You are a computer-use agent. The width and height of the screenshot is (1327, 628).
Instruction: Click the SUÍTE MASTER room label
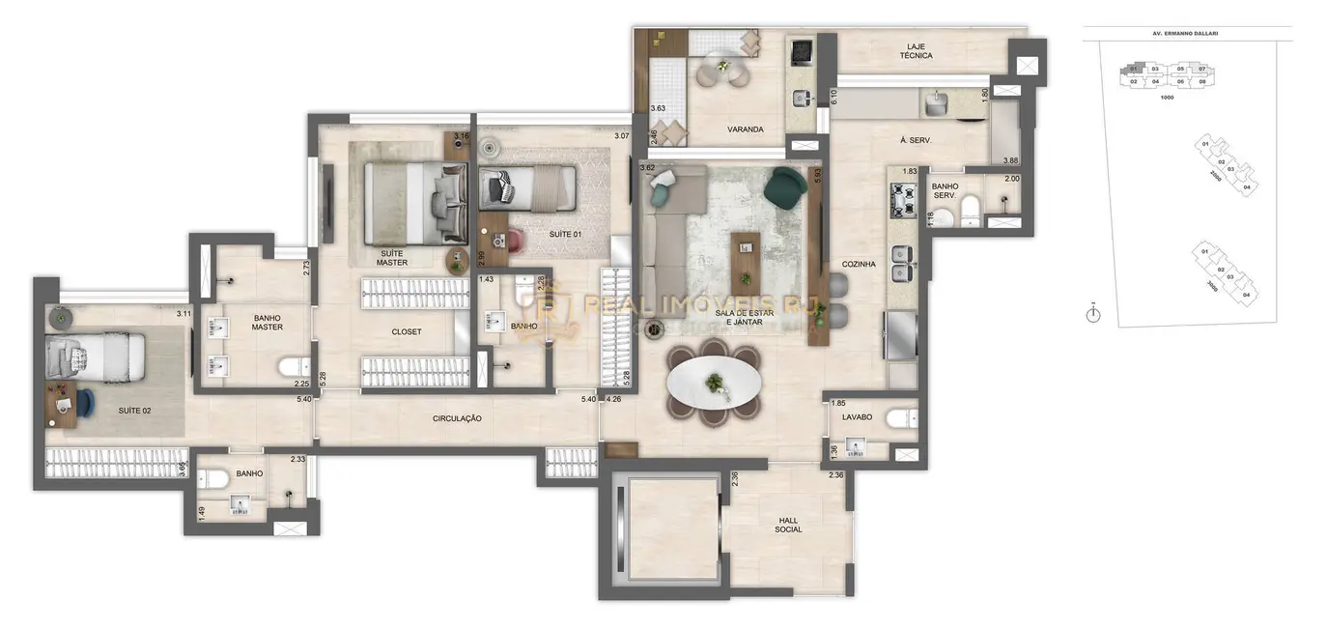(392, 257)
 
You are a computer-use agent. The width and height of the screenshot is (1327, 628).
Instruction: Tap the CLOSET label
(406, 331)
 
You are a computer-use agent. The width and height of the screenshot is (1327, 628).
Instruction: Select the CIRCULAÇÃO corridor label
(457, 418)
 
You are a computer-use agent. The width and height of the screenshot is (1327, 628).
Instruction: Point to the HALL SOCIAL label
(788, 524)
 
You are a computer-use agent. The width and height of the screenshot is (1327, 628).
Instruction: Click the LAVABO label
(856, 417)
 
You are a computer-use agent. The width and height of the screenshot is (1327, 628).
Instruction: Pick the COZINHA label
(858, 263)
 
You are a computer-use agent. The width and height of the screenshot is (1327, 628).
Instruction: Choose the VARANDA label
(746, 129)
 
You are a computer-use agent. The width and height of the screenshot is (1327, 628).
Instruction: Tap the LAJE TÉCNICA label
(916, 50)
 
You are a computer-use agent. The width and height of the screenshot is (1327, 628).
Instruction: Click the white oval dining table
(714, 382)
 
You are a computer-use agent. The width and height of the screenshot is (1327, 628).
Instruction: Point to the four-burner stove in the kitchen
(902, 199)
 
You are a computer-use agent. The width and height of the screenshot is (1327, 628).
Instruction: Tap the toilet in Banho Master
(292, 368)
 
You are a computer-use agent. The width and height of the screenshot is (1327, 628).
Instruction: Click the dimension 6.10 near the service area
(833, 96)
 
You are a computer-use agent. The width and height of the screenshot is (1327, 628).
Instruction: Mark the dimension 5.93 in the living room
(817, 177)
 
